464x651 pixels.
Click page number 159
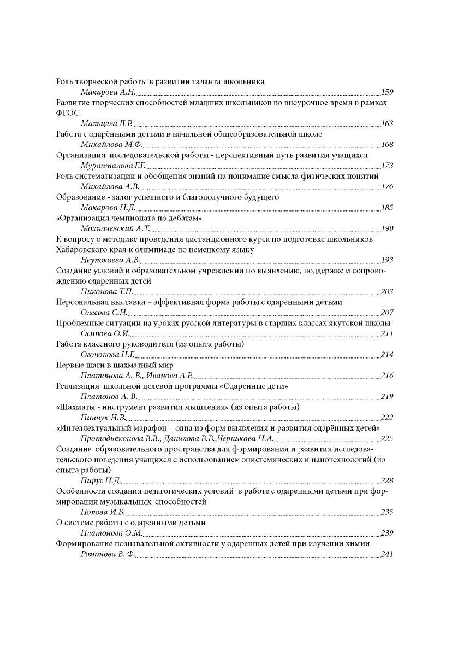click(x=387, y=92)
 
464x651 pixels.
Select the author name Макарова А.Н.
click(x=108, y=92)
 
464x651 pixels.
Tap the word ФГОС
click(x=68, y=113)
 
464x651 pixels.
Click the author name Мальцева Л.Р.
click(x=106, y=124)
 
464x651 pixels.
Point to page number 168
click(x=387, y=145)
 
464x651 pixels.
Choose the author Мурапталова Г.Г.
click(x=112, y=166)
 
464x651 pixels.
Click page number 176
click(x=387, y=187)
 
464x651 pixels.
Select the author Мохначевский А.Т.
click(x=115, y=229)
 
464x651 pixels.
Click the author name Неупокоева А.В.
click(x=110, y=260)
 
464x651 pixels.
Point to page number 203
click(x=387, y=291)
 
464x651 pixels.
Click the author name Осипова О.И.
click(x=105, y=333)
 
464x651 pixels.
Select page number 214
click(x=387, y=355)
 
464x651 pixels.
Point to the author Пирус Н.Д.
click(x=100, y=480)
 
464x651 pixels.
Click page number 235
click(x=387, y=512)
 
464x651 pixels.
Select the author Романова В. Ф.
click(x=108, y=554)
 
